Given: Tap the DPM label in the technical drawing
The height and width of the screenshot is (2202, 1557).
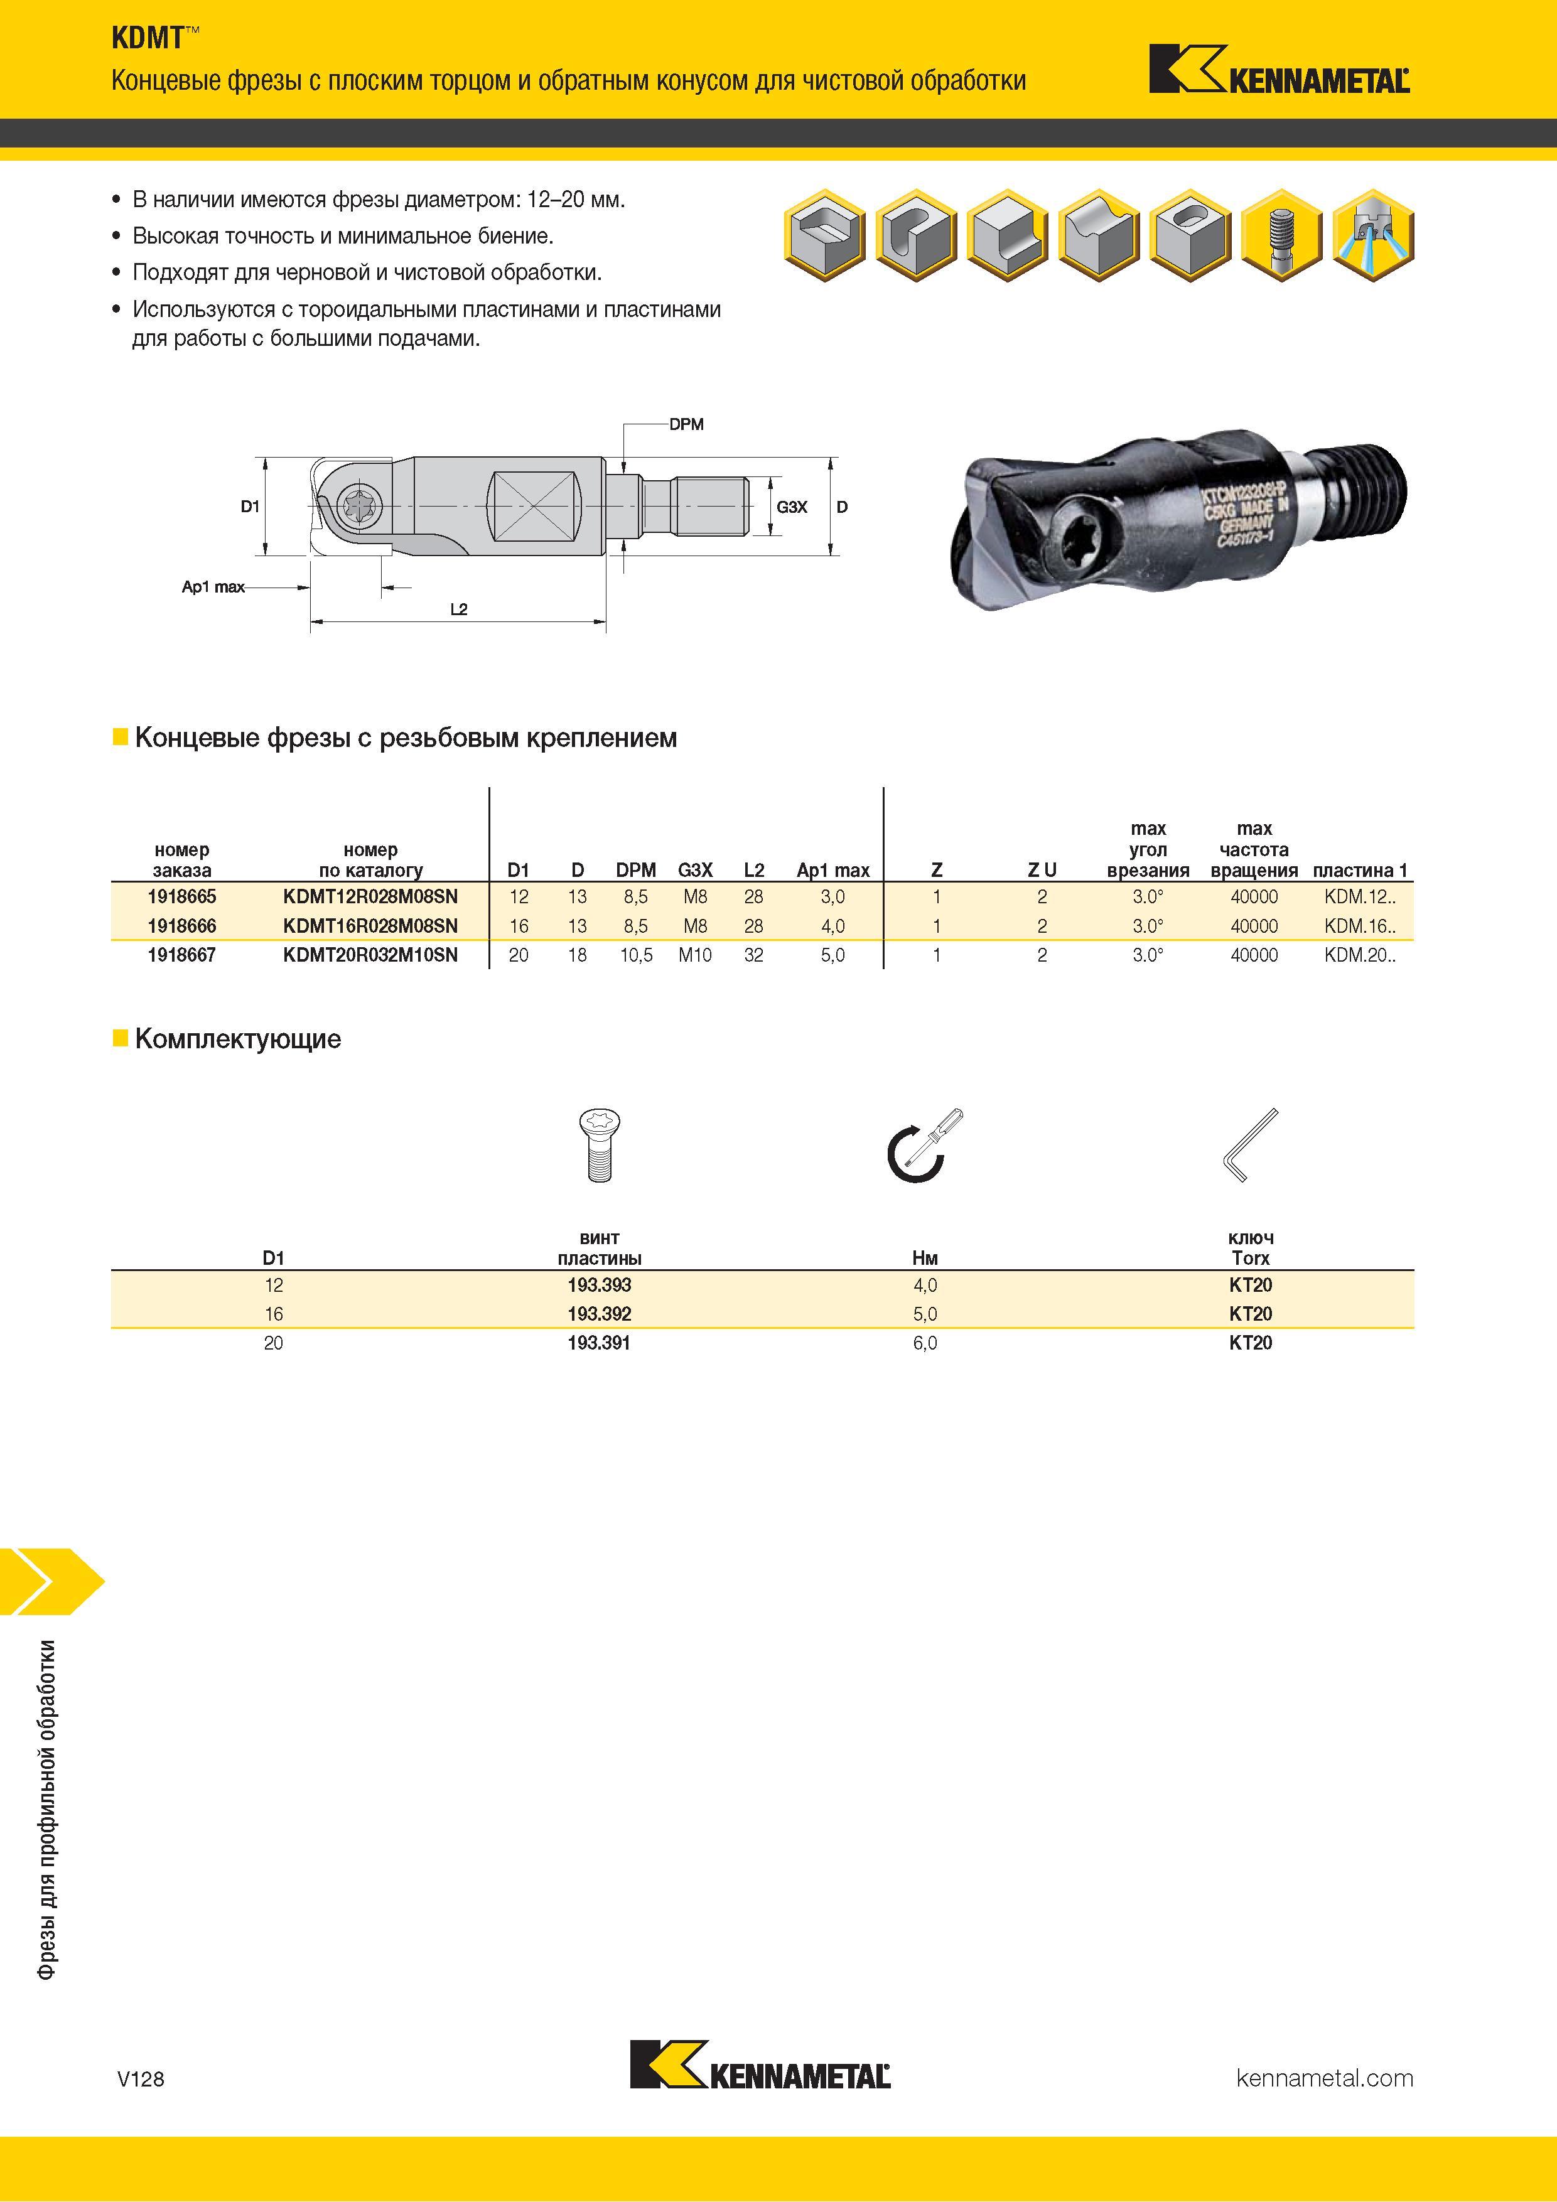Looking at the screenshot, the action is (686, 424).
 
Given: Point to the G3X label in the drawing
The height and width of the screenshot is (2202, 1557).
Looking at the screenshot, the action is (792, 507).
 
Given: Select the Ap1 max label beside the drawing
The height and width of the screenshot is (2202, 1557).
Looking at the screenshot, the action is (213, 586).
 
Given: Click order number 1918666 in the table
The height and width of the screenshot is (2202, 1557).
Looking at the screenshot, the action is (181, 925).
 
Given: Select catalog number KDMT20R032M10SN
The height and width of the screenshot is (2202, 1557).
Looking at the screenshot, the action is (370, 954).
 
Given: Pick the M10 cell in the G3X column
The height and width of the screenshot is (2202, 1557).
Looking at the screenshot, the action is (694, 954).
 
